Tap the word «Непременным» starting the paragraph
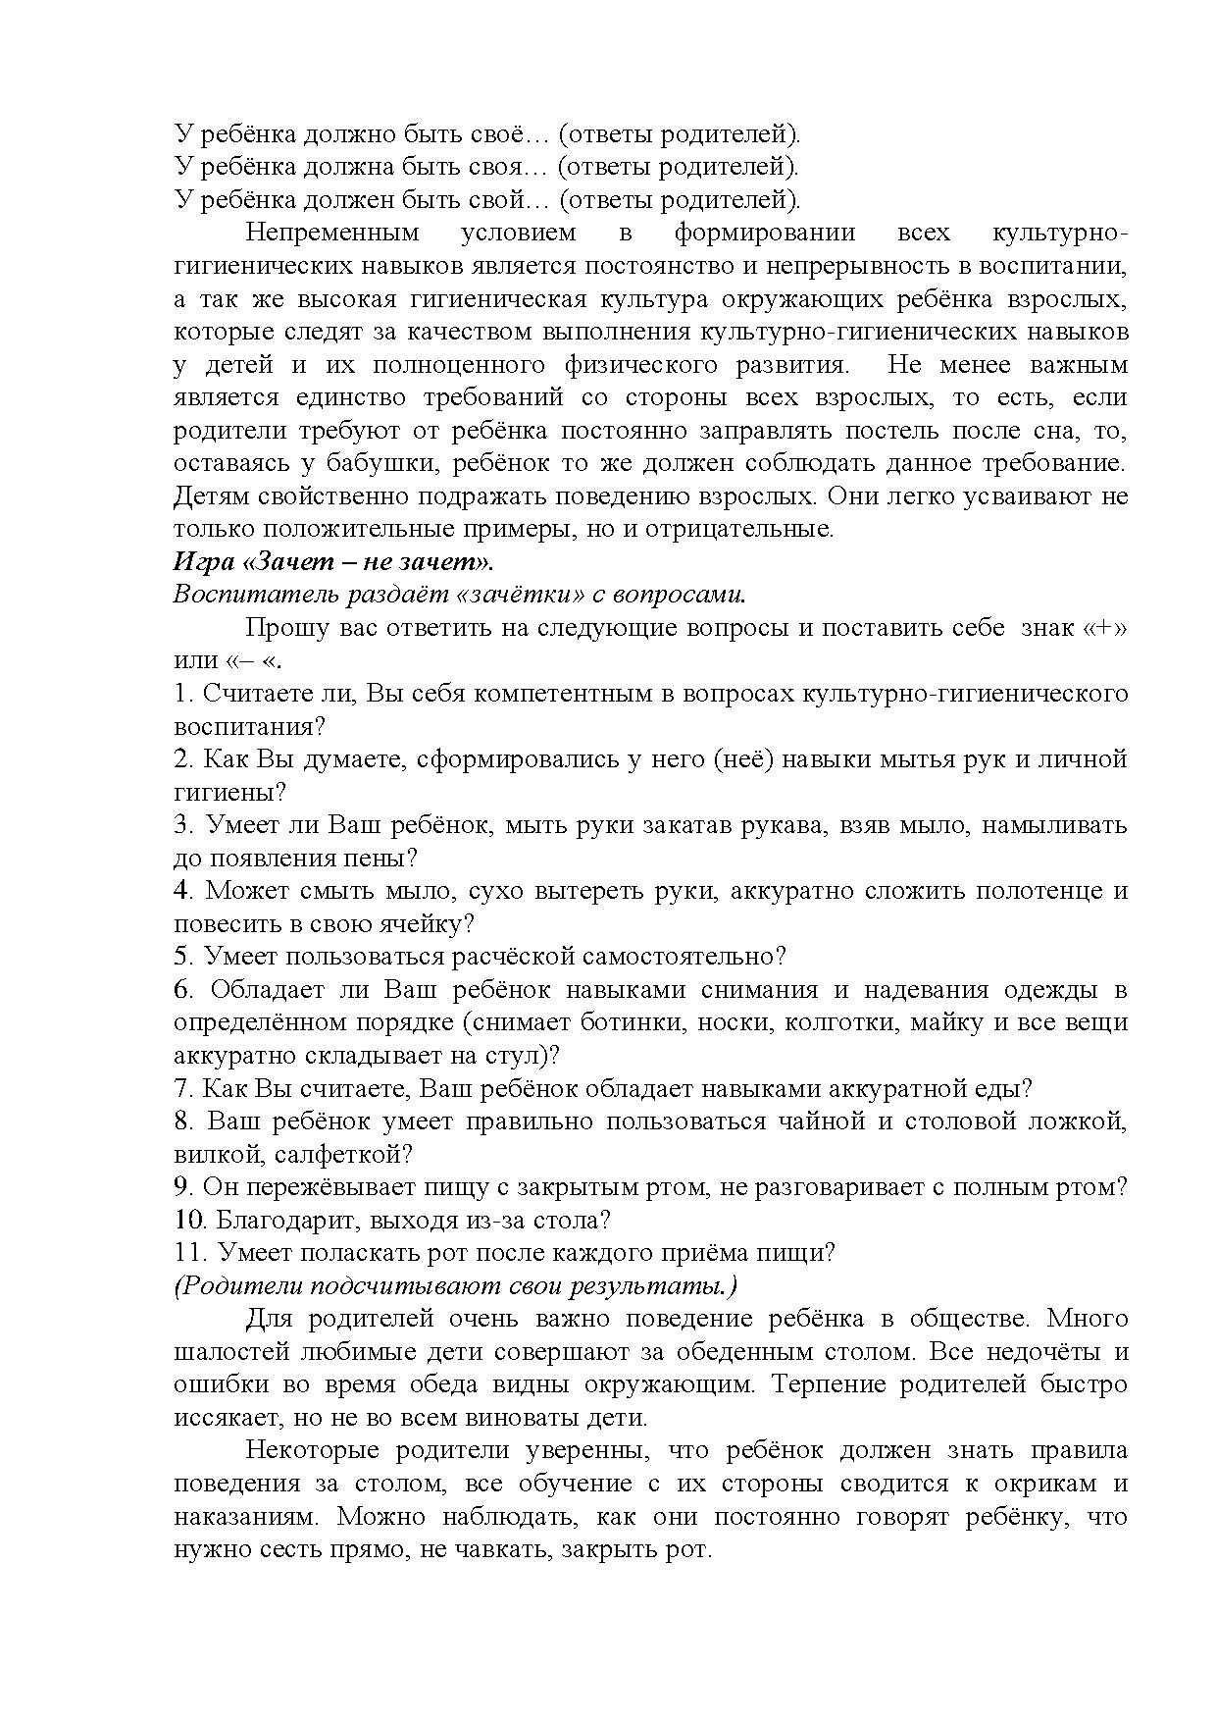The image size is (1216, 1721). tap(331, 234)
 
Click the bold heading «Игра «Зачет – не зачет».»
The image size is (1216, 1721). tap(332, 562)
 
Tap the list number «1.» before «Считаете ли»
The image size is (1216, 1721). tap(183, 694)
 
